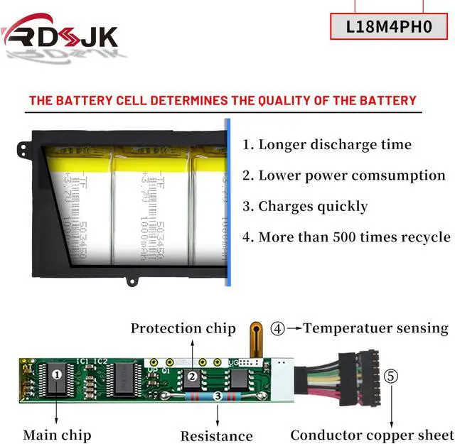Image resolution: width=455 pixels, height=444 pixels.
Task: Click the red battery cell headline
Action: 223,101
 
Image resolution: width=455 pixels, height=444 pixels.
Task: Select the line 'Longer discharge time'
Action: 327,144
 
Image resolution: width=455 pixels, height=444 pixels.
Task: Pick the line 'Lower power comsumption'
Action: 344,175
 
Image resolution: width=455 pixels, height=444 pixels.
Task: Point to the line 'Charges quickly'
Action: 305,207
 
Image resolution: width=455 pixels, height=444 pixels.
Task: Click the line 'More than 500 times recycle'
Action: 346,237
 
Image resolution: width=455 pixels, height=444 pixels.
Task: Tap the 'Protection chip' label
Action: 183,328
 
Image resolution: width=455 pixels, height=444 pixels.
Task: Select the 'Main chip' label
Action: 57,434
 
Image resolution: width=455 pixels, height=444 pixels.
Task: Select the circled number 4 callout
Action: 278,329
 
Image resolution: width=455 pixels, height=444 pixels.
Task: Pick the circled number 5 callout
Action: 392,377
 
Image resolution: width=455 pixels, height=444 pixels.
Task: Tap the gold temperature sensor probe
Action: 255,337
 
